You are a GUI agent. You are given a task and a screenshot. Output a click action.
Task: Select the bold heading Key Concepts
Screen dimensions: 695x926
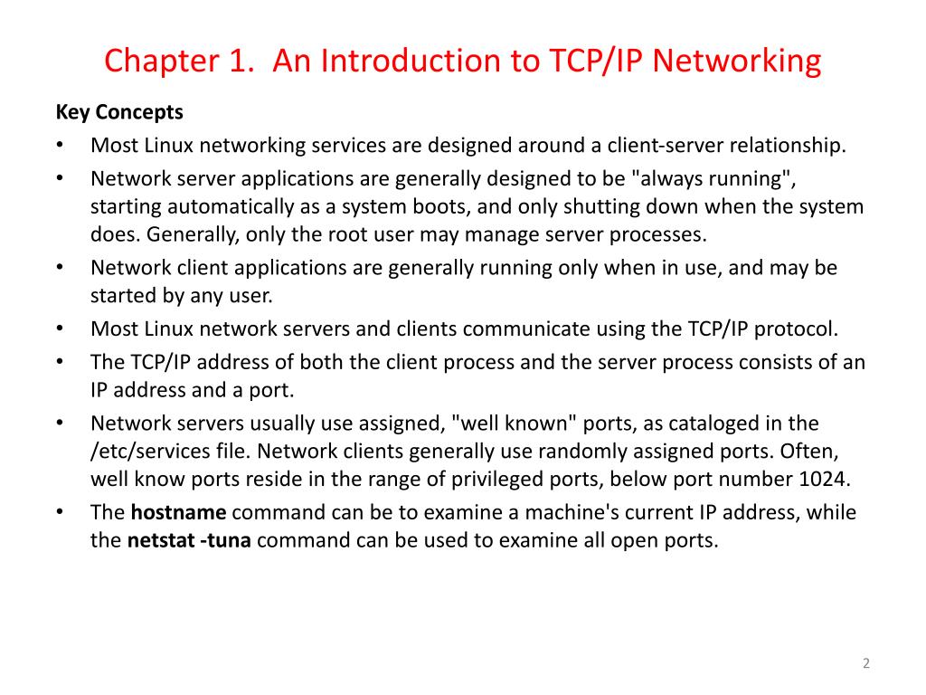pos(119,112)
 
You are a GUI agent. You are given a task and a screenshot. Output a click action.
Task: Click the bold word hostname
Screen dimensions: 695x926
pos(179,513)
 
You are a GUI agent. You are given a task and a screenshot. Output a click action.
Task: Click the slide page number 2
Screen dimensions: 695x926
pos(865,664)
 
